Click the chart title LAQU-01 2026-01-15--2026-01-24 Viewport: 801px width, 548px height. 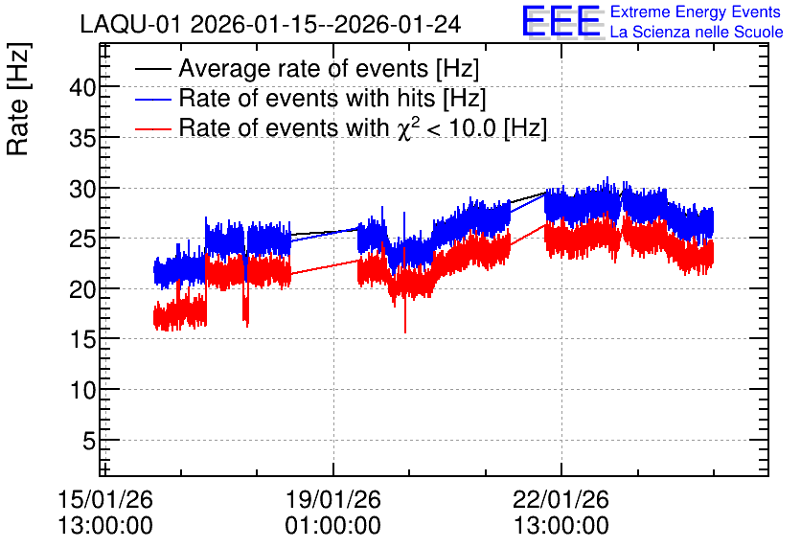(x=270, y=24)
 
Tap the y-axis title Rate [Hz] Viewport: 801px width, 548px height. (x=18, y=99)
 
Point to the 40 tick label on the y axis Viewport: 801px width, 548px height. (x=82, y=87)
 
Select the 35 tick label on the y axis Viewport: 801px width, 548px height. (x=82, y=137)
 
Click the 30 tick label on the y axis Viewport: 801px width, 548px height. (x=82, y=189)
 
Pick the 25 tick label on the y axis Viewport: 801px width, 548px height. (x=82, y=239)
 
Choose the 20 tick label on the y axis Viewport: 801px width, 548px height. (x=82, y=289)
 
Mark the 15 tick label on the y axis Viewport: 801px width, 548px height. (x=82, y=339)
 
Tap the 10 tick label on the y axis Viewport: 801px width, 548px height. (x=82, y=390)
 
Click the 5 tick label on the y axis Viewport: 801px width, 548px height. (x=89, y=441)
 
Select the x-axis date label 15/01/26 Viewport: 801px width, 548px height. (x=105, y=499)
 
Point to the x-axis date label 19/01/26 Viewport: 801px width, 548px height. (x=333, y=499)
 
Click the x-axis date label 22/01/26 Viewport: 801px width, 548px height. (x=561, y=499)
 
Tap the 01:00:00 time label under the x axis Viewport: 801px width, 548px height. (x=333, y=526)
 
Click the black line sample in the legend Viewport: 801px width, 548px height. (x=152, y=69)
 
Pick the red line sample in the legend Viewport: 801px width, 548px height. (x=152, y=128)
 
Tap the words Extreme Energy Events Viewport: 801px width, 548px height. (x=696, y=11)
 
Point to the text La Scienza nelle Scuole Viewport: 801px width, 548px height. (x=697, y=32)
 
